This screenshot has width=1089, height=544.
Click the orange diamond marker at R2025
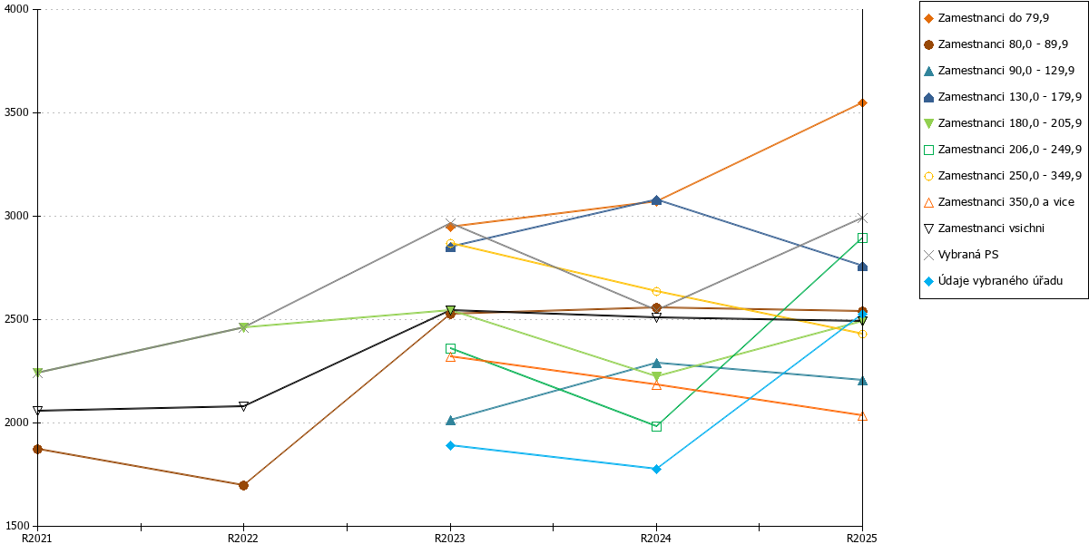coord(862,103)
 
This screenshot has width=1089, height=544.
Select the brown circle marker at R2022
coord(243,485)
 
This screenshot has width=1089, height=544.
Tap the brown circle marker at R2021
coord(37,450)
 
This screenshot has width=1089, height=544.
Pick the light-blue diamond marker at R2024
coord(656,470)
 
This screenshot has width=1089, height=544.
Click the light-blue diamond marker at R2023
coord(451,445)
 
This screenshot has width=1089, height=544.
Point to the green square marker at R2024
coord(656,426)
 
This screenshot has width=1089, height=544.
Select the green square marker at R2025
coord(862,238)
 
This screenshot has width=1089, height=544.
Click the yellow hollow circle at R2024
coord(656,291)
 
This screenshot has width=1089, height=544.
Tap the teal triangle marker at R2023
coord(451,420)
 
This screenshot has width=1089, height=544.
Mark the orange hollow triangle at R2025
coord(862,416)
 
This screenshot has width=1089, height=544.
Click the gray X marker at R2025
coord(862,219)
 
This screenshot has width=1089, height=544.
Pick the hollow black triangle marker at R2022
coord(243,406)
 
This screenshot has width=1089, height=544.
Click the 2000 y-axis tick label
coord(16,423)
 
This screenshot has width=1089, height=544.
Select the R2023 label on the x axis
coord(450,539)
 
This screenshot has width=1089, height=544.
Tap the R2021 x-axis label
coord(37,539)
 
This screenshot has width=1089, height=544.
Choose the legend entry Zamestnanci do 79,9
coord(986,18)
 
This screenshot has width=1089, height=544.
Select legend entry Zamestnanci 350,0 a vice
coord(999,202)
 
